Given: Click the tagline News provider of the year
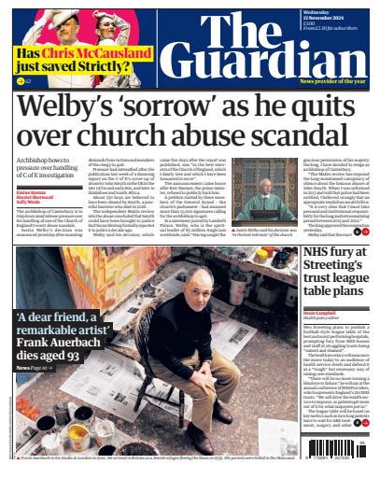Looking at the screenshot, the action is [x=332, y=82].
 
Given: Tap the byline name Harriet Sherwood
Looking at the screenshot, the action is [x=35, y=197].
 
